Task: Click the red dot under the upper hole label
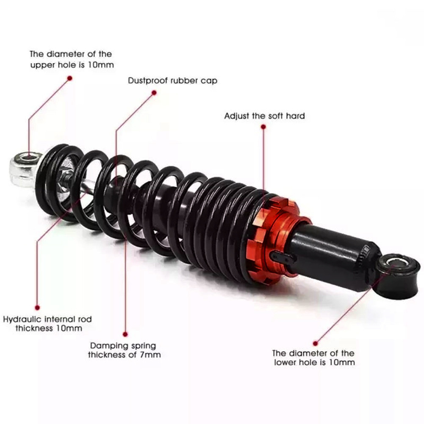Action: (x=70, y=78)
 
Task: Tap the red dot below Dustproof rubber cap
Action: (x=154, y=93)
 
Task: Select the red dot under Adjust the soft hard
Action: (x=263, y=127)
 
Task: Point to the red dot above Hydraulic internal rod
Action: (x=37, y=308)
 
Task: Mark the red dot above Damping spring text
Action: (x=125, y=335)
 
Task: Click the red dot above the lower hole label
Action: (x=315, y=344)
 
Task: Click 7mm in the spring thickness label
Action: (x=150, y=355)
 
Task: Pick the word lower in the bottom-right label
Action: (x=286, y=362)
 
